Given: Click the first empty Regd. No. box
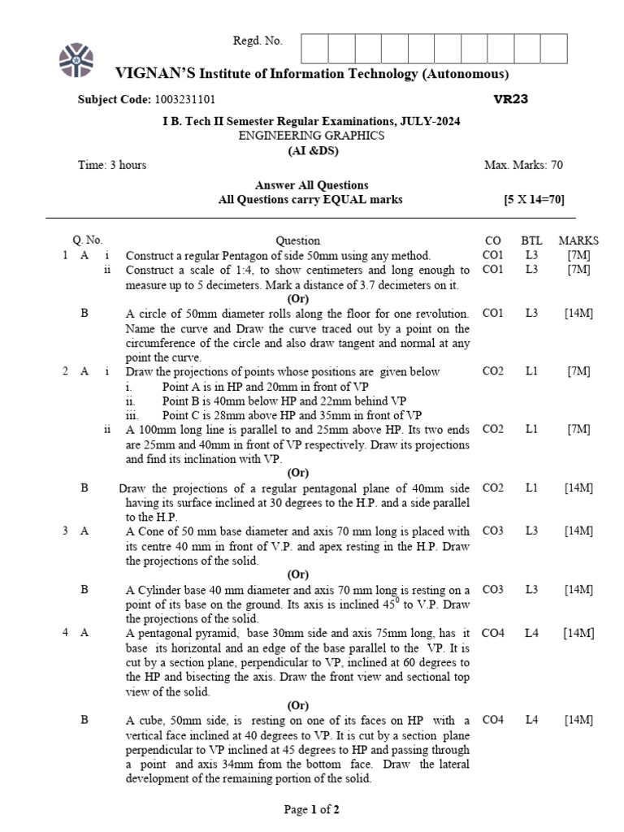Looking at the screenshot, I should coord(314,48).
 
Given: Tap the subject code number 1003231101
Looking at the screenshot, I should coord(184,100).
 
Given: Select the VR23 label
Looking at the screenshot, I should coord(511,99).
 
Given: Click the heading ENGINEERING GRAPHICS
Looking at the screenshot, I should coord(311,136).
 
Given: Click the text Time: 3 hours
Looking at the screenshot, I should coord(112,165).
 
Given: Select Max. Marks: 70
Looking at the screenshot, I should coord(523,165).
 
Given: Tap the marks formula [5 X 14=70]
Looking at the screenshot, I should coord(534,200).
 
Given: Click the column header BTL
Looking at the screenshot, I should coord(531,240).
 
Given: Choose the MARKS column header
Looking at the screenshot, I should coord(578,240).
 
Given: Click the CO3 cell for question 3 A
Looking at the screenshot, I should coord(493,531).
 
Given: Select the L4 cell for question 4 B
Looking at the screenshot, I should coord(531,720).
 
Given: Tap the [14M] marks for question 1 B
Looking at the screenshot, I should coord(578,314).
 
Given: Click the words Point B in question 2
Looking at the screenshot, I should coord(179,401).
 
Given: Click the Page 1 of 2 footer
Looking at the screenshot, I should coord(311,809).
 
